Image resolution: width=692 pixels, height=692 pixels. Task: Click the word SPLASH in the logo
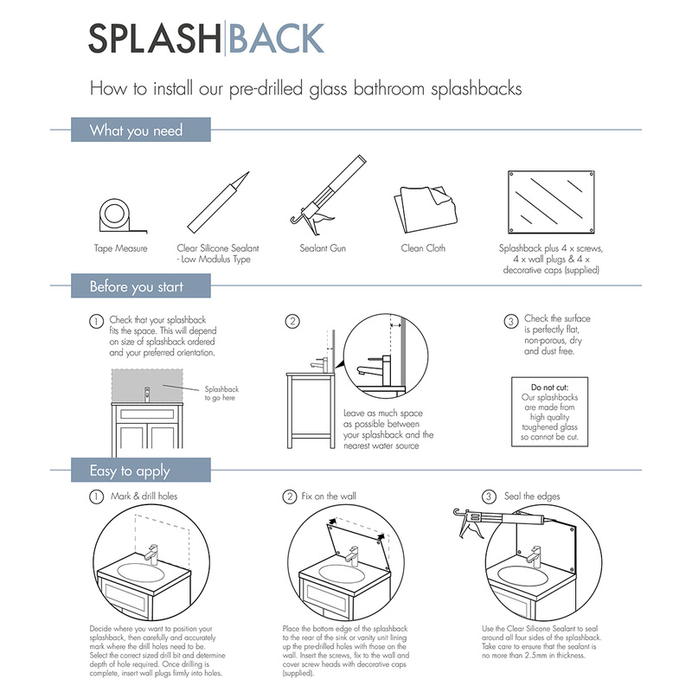pyautogui.click(x=155, y=39)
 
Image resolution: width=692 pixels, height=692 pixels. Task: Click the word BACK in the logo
pyautogui.click(x=276, y=39)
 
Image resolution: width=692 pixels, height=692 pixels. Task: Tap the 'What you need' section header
pyautogui.click(x=137, y=131)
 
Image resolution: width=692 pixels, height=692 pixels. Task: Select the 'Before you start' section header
pyautogui.click(x=137, y=286)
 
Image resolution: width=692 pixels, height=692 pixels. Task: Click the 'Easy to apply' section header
pyautogui.click(x=130, y=471)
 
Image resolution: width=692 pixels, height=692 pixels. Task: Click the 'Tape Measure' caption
pyautogui.click(x=120, y=249)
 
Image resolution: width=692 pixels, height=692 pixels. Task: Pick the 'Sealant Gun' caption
pyautogui.click(x=323, y=249)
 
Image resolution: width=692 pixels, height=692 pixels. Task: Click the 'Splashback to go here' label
pyautogui.click(x=221, y=394)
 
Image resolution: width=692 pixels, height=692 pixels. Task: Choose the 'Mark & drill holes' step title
pyautogui.click(x=143, y=497)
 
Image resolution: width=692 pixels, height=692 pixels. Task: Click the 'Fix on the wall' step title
pyautogui.click(x=329, y=497)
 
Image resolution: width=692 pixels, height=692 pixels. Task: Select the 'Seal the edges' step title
pyautogui.click(x=532, y=497)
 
